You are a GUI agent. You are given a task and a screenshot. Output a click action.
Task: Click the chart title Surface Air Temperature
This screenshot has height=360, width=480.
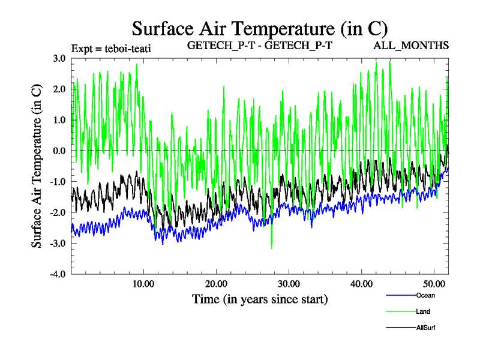(x=260, y=29)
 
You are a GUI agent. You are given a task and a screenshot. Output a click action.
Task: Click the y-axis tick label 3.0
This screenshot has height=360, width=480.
(x=58, y=59)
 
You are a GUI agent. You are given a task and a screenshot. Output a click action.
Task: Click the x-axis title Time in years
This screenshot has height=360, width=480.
(x=260, y=299)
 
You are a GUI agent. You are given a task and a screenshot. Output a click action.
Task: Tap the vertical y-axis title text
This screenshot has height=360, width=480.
(x=37, y=166)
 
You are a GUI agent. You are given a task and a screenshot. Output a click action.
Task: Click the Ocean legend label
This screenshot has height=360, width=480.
(x=425, y=295)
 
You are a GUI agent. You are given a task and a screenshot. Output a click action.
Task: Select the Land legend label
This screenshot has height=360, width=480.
(x=423, y=311)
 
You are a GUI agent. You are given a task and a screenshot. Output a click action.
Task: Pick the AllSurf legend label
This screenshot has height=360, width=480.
(x=425, y=328)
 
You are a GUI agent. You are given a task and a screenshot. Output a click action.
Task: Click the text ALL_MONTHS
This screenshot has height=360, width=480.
(x=411, y=46)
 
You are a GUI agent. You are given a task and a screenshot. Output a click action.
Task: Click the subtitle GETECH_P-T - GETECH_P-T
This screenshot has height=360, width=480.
(x=260, y=46)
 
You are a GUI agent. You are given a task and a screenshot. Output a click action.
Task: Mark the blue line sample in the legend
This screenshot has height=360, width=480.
(x=400, y=295)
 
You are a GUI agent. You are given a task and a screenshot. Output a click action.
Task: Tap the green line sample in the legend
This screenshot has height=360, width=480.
(x=400, y=311)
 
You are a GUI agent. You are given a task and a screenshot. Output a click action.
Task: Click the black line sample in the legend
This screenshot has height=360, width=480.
(x=400, y=328)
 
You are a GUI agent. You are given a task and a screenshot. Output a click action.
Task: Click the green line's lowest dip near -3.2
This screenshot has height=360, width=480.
(x=272, y=248)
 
